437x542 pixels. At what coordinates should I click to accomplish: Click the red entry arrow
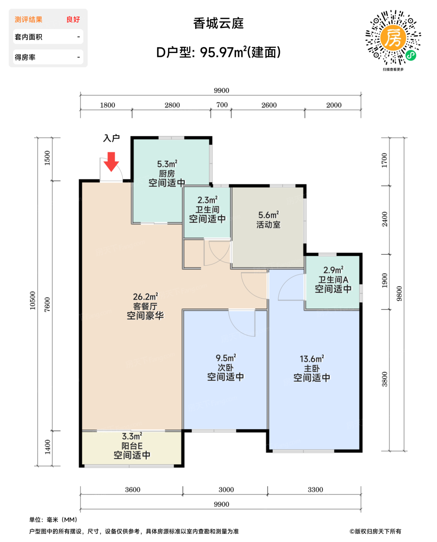coord(111,162)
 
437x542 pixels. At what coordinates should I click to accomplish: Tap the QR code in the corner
coord(393,38)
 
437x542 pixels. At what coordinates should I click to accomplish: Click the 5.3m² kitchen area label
coord(167,164)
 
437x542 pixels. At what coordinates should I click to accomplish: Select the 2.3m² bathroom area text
coord(207,200)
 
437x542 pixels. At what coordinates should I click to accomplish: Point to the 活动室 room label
coord(268,225)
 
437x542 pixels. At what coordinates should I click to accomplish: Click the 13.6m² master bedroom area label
coord(312,358)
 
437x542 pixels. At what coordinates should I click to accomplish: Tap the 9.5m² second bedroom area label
coord(226,358)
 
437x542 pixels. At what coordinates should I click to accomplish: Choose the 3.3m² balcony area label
coord(132,436)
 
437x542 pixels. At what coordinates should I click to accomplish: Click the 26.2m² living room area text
coord(145,297)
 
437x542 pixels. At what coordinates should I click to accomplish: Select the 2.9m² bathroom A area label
coord(333,270)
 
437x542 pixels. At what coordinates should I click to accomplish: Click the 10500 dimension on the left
coord(33,300)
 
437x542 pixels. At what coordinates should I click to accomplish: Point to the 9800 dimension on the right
coord(399,294)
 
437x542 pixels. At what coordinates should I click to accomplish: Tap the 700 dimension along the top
coord(222,105)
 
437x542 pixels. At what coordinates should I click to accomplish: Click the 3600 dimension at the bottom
coord(132,489)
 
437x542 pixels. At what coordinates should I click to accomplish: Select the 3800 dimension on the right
coord(384,379)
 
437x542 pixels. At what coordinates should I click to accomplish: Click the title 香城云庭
coord(218,24)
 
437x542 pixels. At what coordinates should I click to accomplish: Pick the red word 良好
coord(73,19)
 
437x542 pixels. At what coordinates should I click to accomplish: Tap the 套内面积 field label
coord(29,37)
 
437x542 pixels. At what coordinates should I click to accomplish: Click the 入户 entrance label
coord(111,138)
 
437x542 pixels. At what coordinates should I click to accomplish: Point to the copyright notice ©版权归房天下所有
coord(375,532)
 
